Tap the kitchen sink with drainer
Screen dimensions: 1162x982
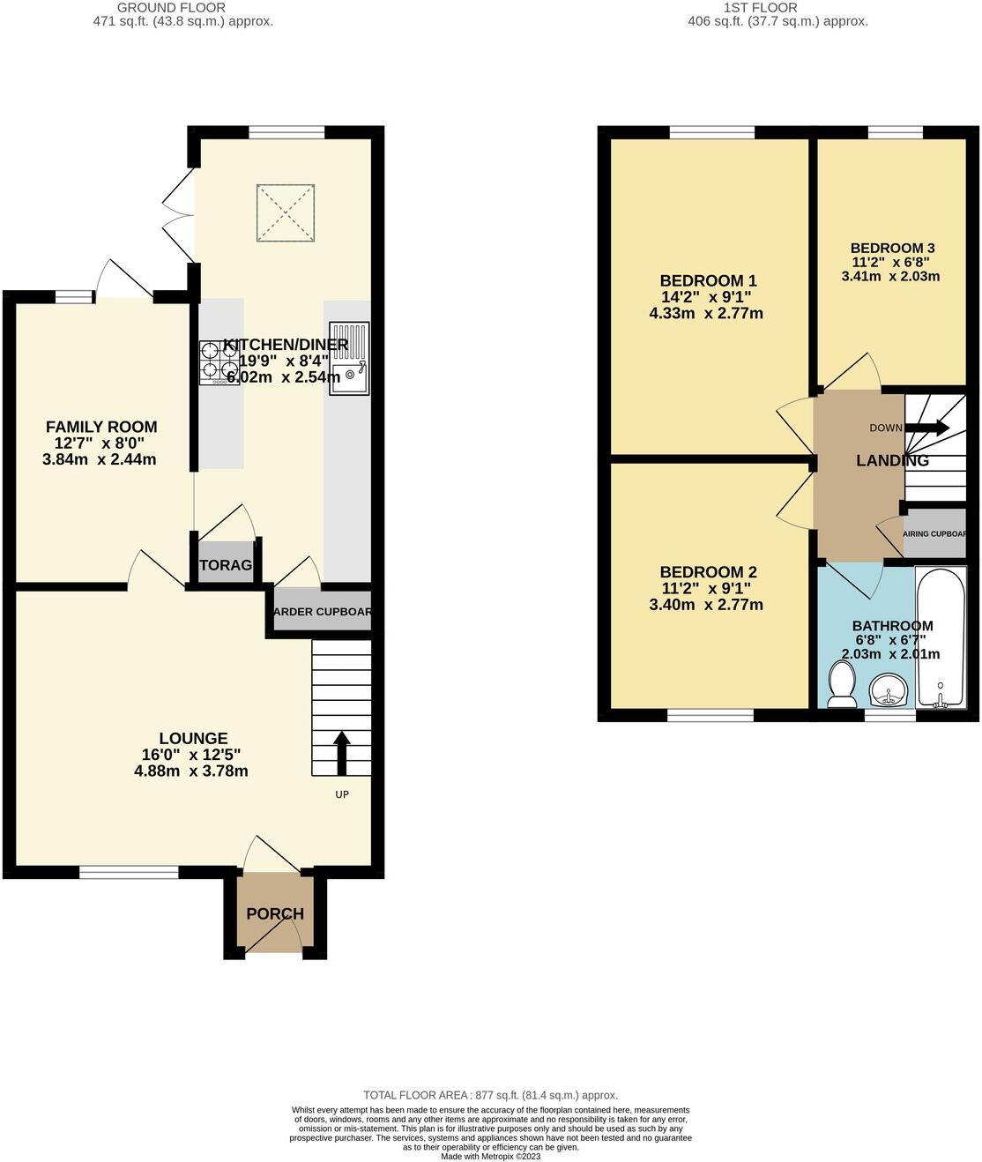pos(350,358)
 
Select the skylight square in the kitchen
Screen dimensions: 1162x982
pos(285,212)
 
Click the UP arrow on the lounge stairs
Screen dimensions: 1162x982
pos(341,751)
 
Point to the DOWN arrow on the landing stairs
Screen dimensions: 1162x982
pos(926,428)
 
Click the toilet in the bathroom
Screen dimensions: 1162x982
pos(842,685)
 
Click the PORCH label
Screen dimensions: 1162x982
pos(275,913)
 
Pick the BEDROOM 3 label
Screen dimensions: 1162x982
pos(892,249)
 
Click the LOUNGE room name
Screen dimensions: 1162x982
pos(193,739)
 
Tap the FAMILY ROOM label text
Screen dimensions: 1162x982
pos(101,428)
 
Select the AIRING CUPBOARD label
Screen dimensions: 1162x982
pos(941,533)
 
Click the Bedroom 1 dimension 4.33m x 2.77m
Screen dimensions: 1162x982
pos(706,313)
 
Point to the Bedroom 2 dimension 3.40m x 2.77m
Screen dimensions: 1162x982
pos(706,605)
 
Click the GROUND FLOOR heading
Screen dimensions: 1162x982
pos(171,8)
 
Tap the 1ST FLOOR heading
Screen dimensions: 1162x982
pos(760,8)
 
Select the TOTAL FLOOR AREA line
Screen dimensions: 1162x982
pos(490,1095)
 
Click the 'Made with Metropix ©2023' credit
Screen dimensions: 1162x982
pos(490,1157)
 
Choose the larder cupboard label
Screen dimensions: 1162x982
pos(322,612)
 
